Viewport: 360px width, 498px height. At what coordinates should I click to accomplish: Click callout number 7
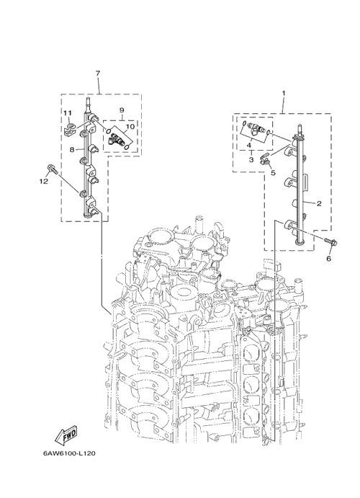98,74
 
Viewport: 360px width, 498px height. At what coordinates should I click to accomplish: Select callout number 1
284,93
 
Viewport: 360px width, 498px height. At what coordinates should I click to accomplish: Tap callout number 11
68,113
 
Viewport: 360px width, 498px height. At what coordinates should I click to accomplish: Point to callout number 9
122,110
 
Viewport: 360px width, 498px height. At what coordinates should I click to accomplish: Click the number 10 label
130,127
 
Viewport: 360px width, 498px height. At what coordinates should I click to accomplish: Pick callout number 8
72,149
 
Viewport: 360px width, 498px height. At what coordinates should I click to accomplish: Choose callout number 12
43,182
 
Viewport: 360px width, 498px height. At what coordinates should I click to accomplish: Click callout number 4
249,145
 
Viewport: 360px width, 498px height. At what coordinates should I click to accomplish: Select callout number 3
251,159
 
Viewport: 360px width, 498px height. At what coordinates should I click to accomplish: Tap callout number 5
273,173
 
